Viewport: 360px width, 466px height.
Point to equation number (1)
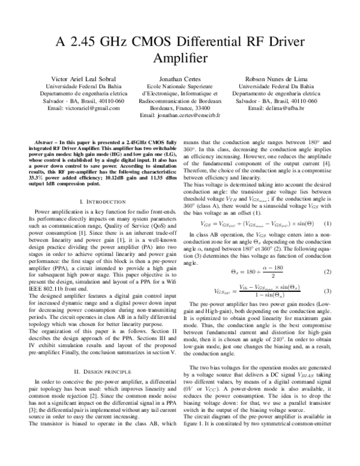(328, 221)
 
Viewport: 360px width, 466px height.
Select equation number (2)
(328, 272)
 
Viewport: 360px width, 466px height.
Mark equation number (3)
(328, 291)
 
